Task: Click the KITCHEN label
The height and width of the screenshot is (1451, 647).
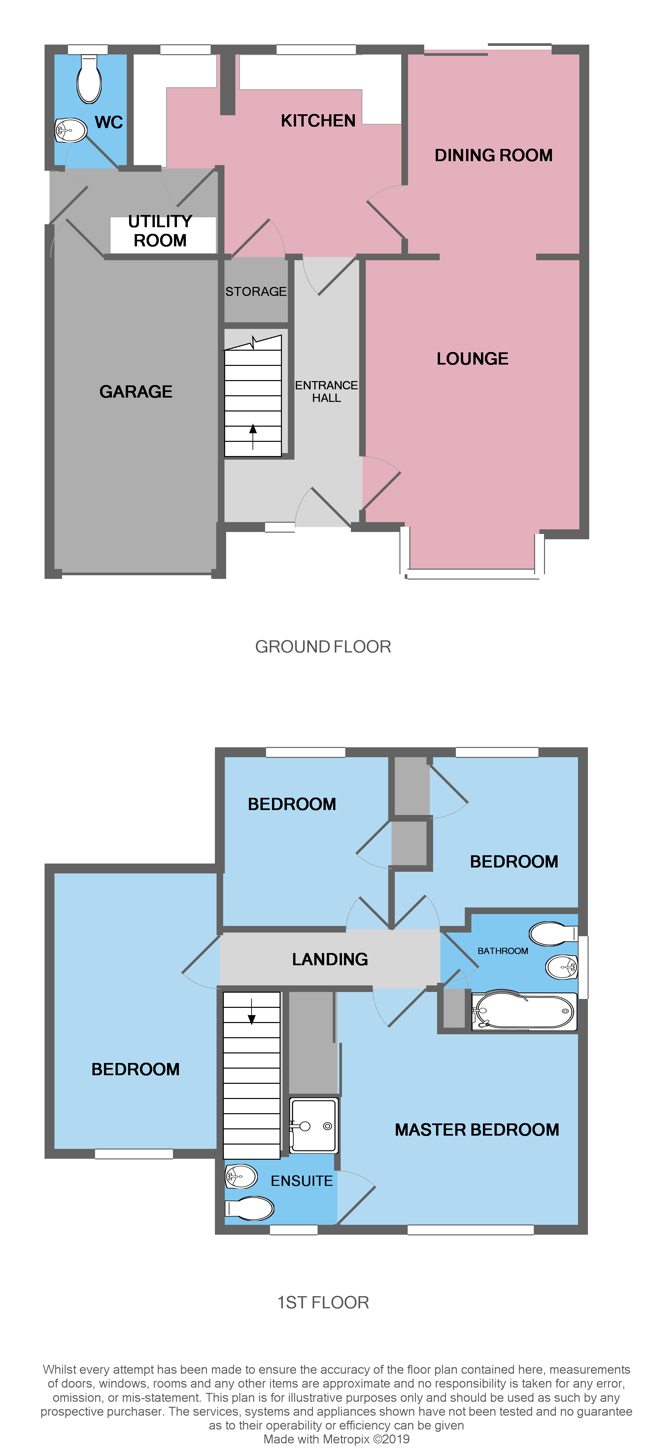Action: pyautogui.click(x=318, y=121)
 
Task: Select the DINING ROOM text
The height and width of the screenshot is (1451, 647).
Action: pyautogui.click(x=493, y=156)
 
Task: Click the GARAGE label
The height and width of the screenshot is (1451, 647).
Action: pyautogui.click(x=136, y=391)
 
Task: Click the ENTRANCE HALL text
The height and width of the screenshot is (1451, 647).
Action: pyautogui.click(x=326, y=391)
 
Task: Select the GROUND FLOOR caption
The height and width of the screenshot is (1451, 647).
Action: pyautogui.click(x=323, y=647)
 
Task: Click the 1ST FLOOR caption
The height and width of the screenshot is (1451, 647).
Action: pyautogui.click(x=323, y=1302)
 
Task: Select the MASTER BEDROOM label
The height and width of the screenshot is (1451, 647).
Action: pyautogui.click(x=476, y=1129)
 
